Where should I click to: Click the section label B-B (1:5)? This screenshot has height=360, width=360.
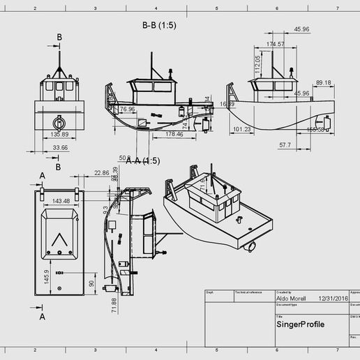tap(158, 26)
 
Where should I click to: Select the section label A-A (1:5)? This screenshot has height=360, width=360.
tap(143, 160)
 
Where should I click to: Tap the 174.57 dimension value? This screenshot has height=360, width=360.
tap(276, 44)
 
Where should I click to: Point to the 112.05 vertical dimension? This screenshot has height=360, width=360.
tap(257, 64)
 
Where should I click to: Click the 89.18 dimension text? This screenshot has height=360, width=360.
tap(323, 82)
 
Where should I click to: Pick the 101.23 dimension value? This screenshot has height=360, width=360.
tap(242, 129)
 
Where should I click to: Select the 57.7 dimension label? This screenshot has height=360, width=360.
tap(285, 145)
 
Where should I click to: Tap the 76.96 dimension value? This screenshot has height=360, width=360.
tap(127, 109)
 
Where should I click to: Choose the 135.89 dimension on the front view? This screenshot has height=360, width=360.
tap(60, 134)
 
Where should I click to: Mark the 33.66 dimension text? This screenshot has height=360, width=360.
tap(60, 148)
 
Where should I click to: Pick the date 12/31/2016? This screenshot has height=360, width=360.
tap(332, 298)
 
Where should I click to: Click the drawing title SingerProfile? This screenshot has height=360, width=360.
tap(300, 324)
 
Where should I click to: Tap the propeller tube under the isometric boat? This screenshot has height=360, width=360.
tap(250, 246)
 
